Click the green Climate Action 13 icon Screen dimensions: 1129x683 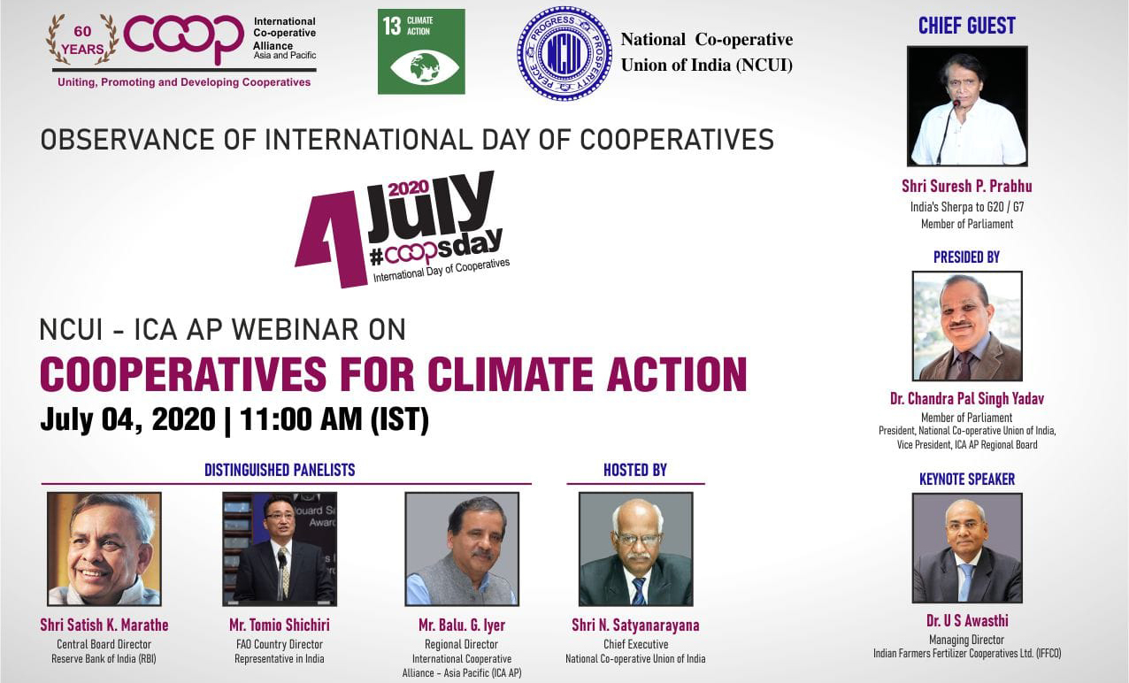tap(421, 51)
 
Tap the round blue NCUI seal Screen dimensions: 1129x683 tap(564, 53)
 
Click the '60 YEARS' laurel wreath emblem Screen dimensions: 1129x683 tap(82, 40)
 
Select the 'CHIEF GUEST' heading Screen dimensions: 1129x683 tap(966, 26)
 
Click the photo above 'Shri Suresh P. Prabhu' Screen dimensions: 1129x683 tap(967, 106)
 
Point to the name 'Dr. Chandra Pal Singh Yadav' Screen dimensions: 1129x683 tap(967, 399)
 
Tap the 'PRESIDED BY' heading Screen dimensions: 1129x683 tap(966, 257)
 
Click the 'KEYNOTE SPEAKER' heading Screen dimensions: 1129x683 tap(967, 479)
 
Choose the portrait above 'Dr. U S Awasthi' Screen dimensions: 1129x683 tap(967, 548)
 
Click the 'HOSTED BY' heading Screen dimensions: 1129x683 tap(635, 471)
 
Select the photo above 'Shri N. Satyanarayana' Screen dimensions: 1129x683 tap(635, 549)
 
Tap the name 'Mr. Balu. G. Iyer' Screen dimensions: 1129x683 tap(462, 625)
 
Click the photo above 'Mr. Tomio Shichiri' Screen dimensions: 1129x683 tap(280, 549)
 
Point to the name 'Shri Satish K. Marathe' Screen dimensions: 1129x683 tap(104, 625)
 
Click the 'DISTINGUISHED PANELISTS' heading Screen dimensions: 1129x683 tap(280, 471)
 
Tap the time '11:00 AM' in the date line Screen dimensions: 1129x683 tap(301, 419)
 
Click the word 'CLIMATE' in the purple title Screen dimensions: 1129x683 tap(511, 374)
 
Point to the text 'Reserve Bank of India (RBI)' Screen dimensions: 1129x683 tap(104, 659)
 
